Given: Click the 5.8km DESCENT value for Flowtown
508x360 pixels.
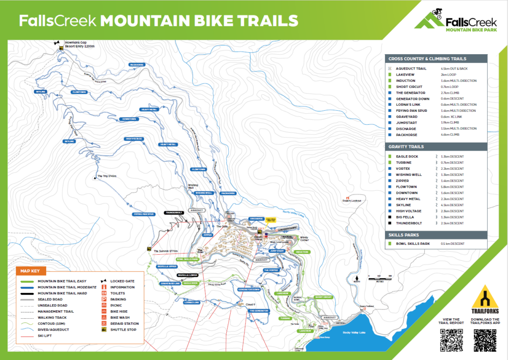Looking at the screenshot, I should (452, 187).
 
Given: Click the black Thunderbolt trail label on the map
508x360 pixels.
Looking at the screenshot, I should (174, 212).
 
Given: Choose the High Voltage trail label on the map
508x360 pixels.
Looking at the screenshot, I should (134, 139).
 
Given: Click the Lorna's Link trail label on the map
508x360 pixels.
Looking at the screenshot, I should (191, 302).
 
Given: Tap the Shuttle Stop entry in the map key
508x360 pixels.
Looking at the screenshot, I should (121, 329).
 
